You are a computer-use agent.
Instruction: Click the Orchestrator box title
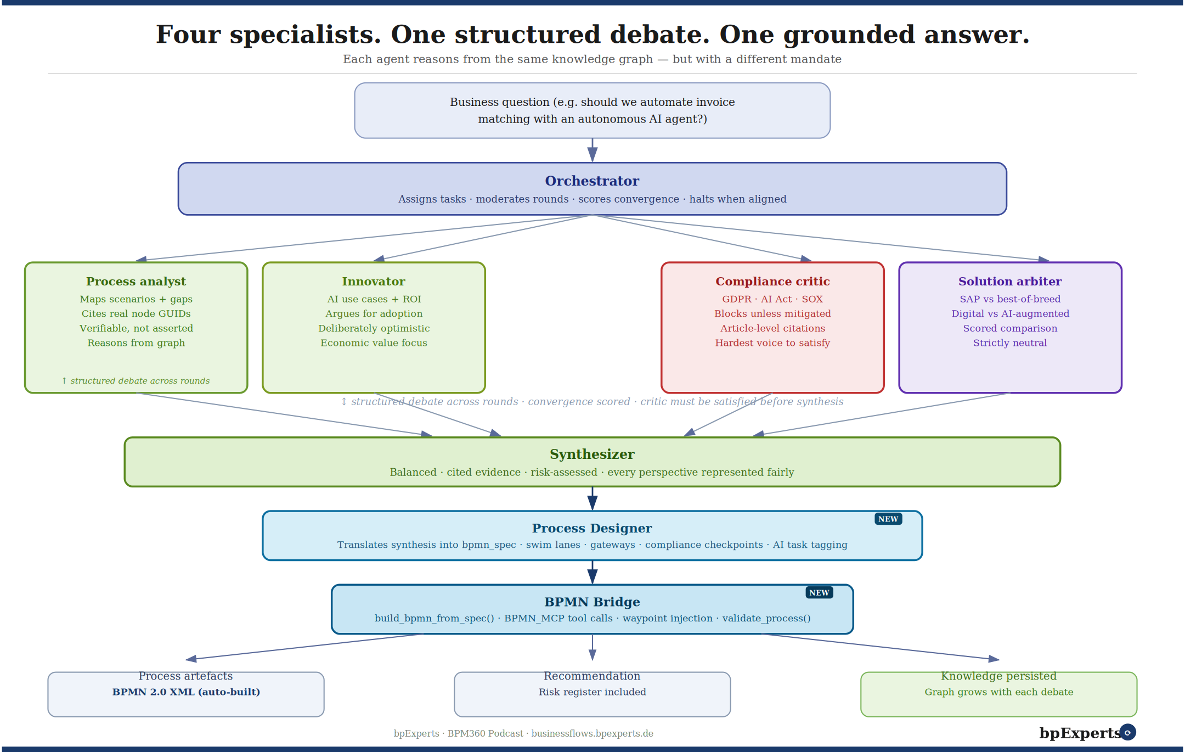592,181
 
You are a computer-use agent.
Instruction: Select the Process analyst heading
136,282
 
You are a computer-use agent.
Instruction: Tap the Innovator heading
374,282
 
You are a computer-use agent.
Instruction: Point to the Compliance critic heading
772,282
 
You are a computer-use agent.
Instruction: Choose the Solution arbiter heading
1010,282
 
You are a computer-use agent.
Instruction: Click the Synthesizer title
592,454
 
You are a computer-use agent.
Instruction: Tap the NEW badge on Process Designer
888,519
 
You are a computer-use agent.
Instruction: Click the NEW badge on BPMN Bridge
819,593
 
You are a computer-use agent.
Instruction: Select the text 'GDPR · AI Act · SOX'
772,299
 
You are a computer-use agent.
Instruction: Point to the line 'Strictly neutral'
1010,343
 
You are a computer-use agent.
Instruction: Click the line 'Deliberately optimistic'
374,328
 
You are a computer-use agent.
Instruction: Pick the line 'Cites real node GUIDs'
136,314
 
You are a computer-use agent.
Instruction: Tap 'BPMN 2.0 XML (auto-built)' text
186,692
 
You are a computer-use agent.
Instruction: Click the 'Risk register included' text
592,692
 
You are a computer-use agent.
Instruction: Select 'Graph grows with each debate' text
998,692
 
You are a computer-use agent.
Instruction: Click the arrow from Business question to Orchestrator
592,150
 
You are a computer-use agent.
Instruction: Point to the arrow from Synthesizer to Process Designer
592,498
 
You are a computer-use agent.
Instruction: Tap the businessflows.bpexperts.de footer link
592,733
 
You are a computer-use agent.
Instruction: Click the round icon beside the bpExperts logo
1128,732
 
